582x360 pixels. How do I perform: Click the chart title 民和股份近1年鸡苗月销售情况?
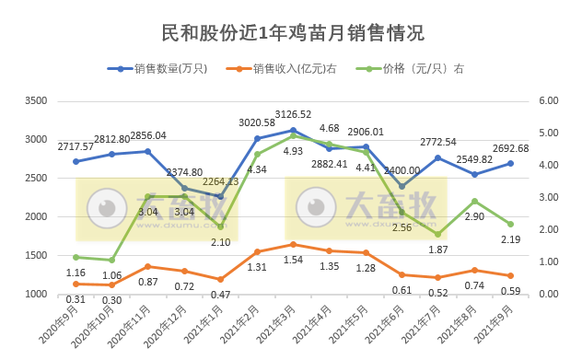[x=291, y=34]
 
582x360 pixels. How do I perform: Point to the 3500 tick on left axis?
[x=34, y=100]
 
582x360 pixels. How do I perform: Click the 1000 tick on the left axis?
[x=34, y=294]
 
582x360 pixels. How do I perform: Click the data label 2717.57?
[x=76, y=146]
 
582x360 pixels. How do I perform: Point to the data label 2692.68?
[x=510, y=148]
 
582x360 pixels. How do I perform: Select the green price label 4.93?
[x=292, y=150]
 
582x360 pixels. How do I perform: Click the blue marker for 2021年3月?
[x=293, y=130]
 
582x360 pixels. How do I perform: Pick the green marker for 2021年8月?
[x=474, y=201]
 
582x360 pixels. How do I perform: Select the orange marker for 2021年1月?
[x=220, y=279]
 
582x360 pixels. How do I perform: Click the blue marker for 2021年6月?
[x=402, y=186]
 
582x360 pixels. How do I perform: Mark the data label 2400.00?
[x=402, y=170]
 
